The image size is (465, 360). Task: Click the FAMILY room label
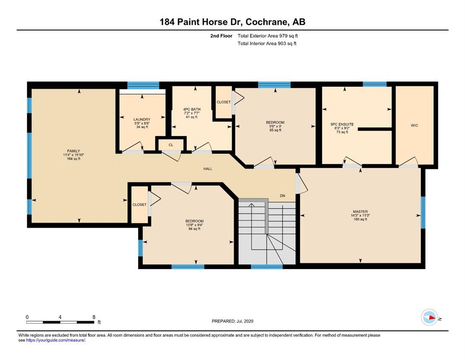[74, 151]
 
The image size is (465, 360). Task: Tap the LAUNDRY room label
[142, 120]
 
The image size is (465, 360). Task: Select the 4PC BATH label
[192, 109]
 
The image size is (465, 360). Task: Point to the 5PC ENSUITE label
[342, 124]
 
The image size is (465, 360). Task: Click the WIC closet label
[414, 125]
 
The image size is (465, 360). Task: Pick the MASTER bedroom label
[360, 211]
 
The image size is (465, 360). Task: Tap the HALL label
[208, 169]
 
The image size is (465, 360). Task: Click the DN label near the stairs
[282, 196]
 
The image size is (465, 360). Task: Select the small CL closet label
[171, 145]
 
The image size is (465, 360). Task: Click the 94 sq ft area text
[194, 229]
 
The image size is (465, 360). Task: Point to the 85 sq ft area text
[275, 130]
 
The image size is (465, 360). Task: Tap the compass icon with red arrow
[429, 317]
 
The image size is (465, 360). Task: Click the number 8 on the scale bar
[94, 317]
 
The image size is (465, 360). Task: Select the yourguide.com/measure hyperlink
[56, 340]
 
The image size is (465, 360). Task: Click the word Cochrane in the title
[267, 22]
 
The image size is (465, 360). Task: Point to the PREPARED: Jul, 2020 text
[232, 321]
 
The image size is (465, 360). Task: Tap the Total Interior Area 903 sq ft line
[267, 43]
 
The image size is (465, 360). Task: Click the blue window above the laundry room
[143, 85]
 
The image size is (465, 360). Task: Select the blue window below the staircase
[266, 267]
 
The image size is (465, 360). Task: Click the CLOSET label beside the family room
[140, 204]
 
